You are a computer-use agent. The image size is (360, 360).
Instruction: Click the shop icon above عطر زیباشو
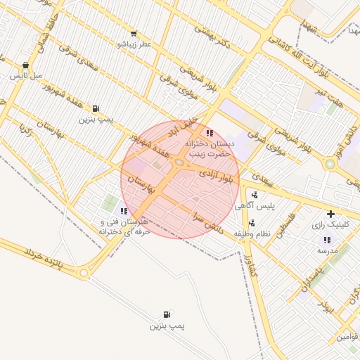coord(134,33)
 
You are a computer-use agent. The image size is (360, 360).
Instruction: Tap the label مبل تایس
coord(27,75)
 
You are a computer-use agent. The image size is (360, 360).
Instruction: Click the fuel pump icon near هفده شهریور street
coord(95,108)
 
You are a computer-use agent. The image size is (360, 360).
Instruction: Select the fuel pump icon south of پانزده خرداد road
coord(166,314)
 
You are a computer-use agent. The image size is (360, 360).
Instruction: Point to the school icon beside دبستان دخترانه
coord(209,132)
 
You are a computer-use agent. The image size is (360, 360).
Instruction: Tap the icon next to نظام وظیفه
coord(252,223)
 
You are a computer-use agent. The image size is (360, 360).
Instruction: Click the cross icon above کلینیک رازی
coord(330,214)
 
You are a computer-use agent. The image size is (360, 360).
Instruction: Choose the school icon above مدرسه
coord(327,240)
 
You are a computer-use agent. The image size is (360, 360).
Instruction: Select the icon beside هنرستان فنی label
coord(124,210)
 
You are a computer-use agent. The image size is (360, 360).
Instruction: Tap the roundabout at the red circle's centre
coord(180,163)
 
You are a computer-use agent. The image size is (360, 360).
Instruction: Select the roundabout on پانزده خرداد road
coord(84,272)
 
